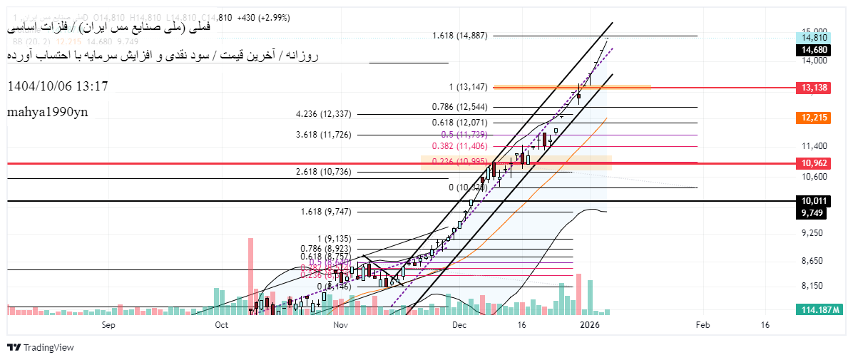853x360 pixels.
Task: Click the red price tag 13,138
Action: pos(814,87)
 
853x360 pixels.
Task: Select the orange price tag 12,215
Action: pos(814,117)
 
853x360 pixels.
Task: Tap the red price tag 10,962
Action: pos(814,163)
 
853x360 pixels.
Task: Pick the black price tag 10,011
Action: pos(814,202)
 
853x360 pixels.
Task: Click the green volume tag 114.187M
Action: pos(817,309)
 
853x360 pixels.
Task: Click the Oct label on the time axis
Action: pos(221,325)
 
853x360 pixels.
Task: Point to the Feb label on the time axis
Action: pos(702,325)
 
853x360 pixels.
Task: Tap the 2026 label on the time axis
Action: pos(589,325)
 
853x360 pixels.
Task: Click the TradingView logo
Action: pos(41,347)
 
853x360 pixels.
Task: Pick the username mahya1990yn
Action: pos(48,113)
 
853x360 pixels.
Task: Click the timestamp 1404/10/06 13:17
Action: pos(58,86)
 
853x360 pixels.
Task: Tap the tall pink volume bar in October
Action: pos(251,274)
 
